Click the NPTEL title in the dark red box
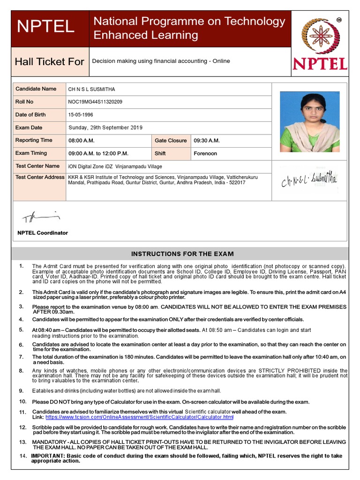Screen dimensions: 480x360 coord(45,27)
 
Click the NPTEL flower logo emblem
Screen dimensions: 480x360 coord(320,36)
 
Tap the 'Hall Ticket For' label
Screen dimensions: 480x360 coord(49,62)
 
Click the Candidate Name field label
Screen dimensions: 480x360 coord(36,89)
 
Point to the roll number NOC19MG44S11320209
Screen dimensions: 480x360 coord(95,102)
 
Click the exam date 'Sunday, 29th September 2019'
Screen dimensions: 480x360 coord(105,127)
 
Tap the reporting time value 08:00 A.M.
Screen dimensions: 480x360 coord(82,141)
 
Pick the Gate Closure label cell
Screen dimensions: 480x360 coord(171,141)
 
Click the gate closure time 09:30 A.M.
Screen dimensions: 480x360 coord(207,141)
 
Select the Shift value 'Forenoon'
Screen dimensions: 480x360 coord(205,153)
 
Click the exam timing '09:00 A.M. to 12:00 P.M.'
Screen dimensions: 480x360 coord(98,153)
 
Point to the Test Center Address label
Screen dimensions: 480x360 coord(40,177)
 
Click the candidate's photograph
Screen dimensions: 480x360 coord(310,121)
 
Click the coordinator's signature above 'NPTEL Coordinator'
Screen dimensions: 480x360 coord(41,217)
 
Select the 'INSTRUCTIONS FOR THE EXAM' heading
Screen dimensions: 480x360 coord(182,254)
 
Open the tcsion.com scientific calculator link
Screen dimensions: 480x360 coord(139,417)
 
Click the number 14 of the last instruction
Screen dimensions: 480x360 coord(23,456)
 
